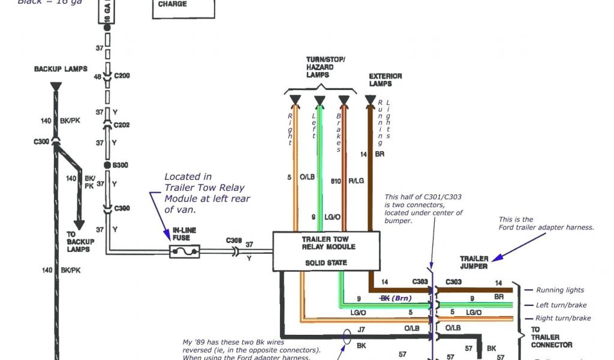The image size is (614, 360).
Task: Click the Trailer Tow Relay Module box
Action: [327, 251]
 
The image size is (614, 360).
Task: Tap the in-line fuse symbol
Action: [185, 251]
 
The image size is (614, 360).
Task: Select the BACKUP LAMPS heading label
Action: [61, 69]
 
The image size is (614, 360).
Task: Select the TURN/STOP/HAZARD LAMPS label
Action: [326, 67]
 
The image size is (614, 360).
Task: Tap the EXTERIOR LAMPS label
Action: [385, 80]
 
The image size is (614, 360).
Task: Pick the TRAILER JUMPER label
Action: [474, 262]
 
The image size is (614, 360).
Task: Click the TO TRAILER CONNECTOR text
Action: [551, 337]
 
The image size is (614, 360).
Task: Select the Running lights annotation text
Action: [559, 290]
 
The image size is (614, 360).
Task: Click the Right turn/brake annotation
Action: [563, 318]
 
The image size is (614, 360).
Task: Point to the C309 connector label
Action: [234, 240]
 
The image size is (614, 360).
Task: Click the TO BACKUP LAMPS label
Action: [78, 241]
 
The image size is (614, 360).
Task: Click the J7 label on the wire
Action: [360, 328]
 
